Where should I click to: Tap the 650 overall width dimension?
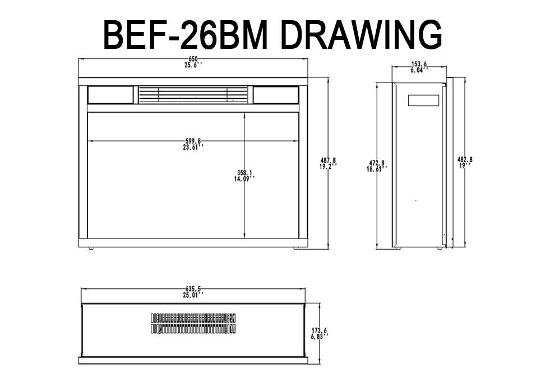tap(193, 59)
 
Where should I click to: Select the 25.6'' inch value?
tap(193, 65)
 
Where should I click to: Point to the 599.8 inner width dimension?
tap(193, 141)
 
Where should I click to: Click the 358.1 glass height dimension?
tap(244, 173)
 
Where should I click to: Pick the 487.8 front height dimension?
tap(328, 160)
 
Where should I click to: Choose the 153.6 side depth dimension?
tap(419, 64)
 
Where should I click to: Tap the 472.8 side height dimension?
tap(377, 163)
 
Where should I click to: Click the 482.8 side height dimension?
tap(465, 159)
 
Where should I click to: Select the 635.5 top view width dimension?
tap(193, 289)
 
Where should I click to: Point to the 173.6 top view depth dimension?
tap(320, 330)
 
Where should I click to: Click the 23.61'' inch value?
tap(193, 147)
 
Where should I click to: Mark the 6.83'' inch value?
tap(320, 336)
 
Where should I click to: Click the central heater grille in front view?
tap(193, 95)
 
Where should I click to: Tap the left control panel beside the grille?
tap(110, 95)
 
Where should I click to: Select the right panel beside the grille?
tap(276, 95)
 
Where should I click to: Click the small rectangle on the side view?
tap(423, 100)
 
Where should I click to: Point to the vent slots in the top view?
tap(193, 323)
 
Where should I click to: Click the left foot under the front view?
tap(91, 249)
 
